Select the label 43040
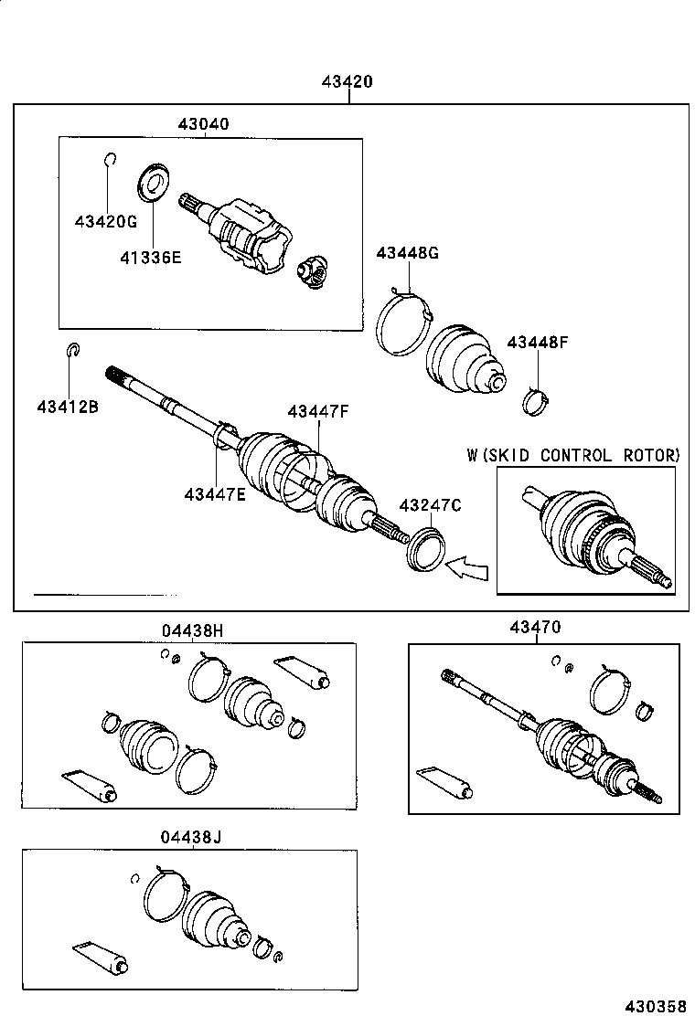[x=203, y=123]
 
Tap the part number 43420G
[x=106, y=221]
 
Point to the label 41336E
[x=150, y=257]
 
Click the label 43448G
[x=407, y=253]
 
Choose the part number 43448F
[x=538, y=343]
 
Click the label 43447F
[x=318, y=412]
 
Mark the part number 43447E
[x=215, y=494]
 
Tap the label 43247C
[x=430, y=505]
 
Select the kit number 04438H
[x=193, y=630]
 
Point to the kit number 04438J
[x=193, y=837]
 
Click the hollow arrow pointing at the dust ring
[x=467, y=568]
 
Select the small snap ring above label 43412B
[x=74, y=350]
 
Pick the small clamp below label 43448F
[x=536, y=400]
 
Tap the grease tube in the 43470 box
[x=445, y=782]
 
